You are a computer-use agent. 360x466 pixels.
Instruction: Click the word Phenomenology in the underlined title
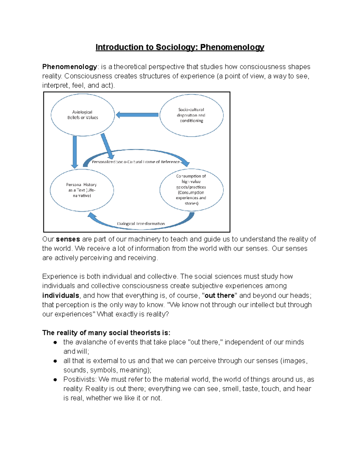pyautogui.click(x=232, y=47)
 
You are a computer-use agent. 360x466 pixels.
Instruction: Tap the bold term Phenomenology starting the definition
pyautogui.click(x=70, y=67)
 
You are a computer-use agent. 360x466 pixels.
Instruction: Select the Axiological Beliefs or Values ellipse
pyautogui.click(x=82, y=115)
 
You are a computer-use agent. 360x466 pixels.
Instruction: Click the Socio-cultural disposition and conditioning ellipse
pyautogui.click(x=191, y=115)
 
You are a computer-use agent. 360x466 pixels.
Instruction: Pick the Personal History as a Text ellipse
pyautogui.click(x=82, y=190)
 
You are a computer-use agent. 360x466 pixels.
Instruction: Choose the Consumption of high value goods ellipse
pyautogui.click(x=191, y=190)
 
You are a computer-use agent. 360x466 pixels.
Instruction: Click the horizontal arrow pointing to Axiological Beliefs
pyautogui.click(x=137, y=115)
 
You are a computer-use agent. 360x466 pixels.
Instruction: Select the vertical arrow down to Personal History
pyautogui.click(x=75, y=152)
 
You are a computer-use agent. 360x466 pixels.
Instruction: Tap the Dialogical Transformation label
pyautogui.click(x=141, y=224)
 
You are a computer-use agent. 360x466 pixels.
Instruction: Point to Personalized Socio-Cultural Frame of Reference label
pyautogui.click(x=136, y=162)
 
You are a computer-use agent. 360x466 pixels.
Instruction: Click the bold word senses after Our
pyautogui.click(x=68, y=239)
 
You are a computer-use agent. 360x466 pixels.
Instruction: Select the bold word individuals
pyautogui.click(x=61, y=295)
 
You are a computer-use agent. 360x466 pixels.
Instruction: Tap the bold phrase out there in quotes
pyautogui.click(x=219, y=295)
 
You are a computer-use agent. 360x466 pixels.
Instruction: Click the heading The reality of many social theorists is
pyautogui.click(x=106, y=332)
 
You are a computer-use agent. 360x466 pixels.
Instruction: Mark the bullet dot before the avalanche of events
pyautogui.click(x=55, y=342)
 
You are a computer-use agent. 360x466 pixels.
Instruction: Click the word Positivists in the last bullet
pyautogui.click(x=79, y=379)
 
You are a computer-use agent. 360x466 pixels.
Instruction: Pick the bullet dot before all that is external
pyautogui.click(x=55, y=361)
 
